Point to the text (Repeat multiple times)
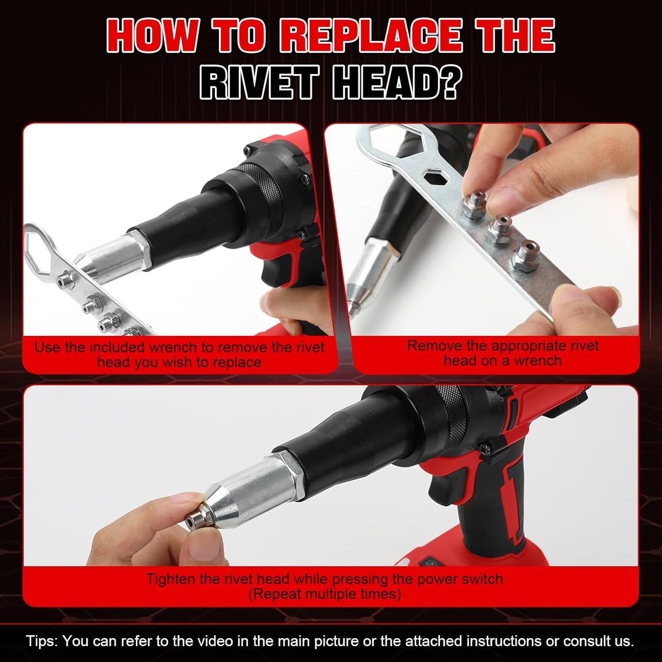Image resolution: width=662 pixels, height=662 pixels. point(324,594)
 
